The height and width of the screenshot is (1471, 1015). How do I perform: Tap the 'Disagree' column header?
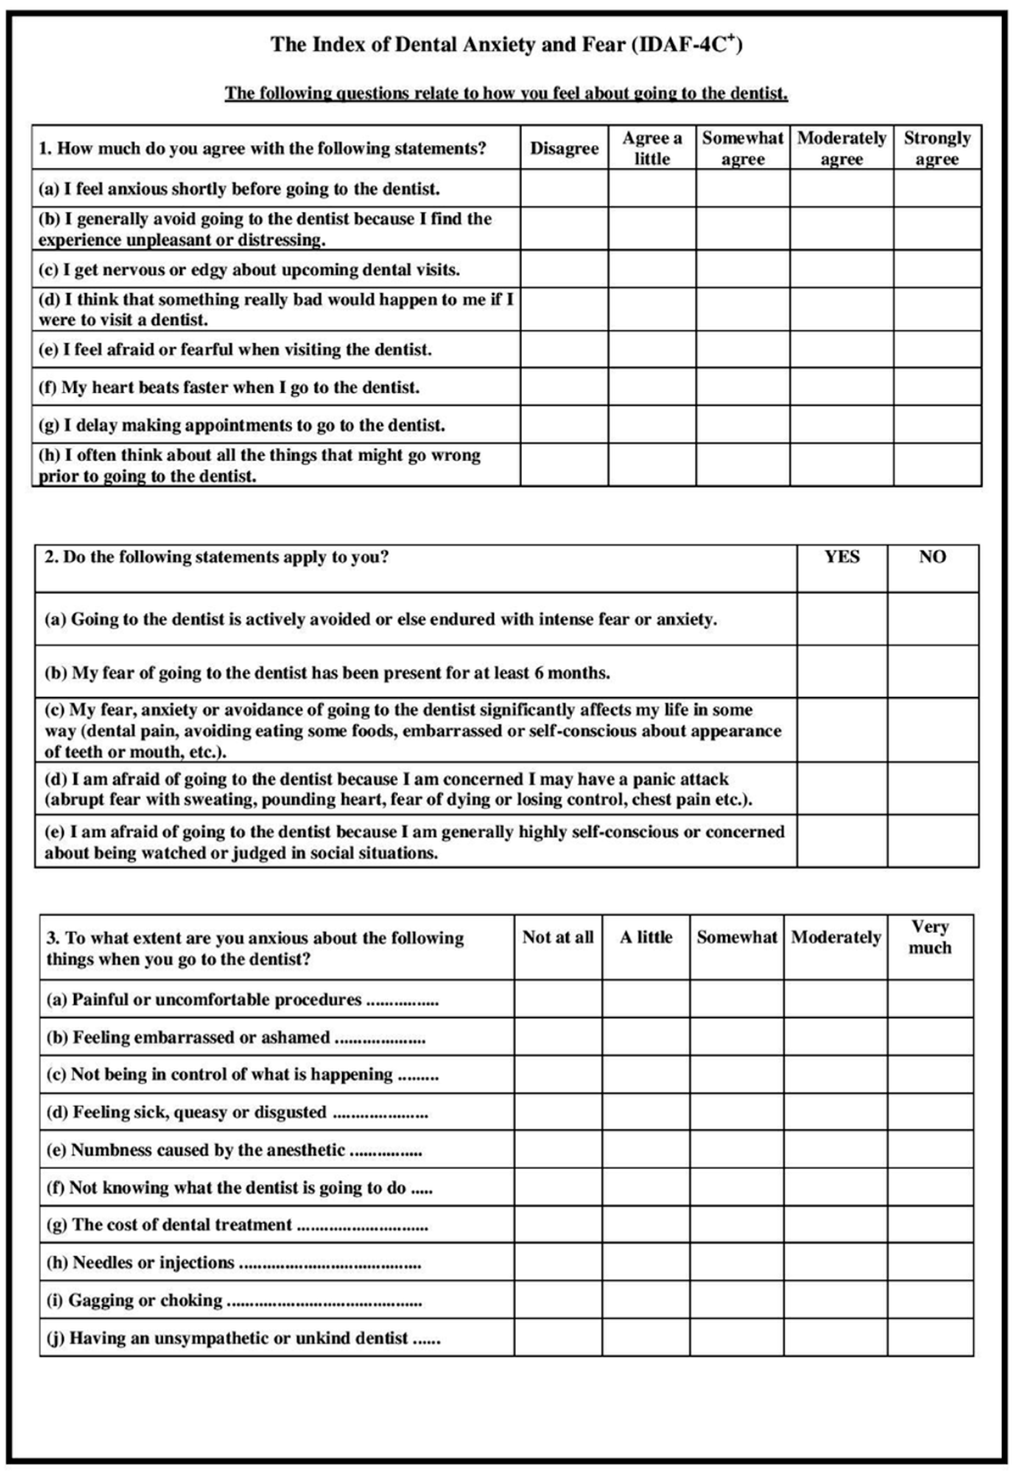564,148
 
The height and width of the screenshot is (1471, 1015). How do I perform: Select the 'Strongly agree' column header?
937,148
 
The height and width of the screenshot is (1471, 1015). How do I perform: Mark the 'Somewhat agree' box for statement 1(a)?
743,188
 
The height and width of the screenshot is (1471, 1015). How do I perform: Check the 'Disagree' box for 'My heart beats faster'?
564,387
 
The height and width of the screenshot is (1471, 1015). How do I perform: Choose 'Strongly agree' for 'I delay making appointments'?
937,424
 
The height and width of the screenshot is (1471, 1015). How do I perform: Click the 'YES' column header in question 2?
842,557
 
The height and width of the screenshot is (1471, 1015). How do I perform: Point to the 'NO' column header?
932,557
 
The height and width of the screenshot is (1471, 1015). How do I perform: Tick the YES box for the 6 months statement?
842,672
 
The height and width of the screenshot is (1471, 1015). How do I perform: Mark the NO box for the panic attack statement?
932,788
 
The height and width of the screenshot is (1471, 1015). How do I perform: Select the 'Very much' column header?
930,937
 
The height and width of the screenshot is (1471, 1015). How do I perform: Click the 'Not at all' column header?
558,937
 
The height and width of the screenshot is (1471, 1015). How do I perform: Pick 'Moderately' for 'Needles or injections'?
835,1262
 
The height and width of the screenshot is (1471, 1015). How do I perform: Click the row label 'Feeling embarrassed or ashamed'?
201,1038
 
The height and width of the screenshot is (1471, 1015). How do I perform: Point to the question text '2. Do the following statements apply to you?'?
216,557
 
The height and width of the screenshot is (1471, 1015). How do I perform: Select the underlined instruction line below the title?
506,93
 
